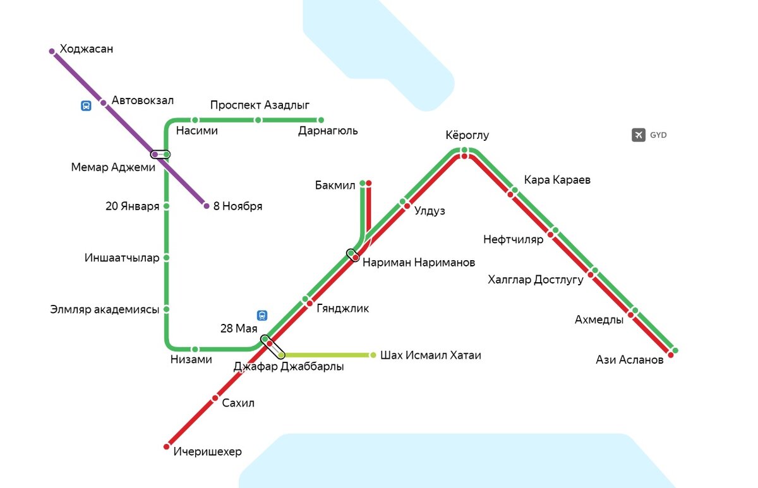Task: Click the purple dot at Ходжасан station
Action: (x=52, y=51)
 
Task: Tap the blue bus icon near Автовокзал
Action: (x=86, y=106)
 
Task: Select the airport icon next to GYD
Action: (x=638, y=134)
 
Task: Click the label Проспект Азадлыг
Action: (x=260, y=104)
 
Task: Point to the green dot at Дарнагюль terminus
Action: (x=320, y=120)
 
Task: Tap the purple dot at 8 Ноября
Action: (x=206, y=206)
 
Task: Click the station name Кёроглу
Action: (x=467, y=136)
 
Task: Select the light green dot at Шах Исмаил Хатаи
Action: (x=373, y=355)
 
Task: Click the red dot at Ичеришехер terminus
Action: (x=167, y=446)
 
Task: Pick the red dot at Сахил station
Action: (x=215, y=398)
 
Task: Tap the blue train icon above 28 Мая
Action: (x=262, y=315)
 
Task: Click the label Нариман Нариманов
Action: (x=418, y=263)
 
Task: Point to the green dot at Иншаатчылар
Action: (x=166, y=258)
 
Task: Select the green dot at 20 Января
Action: (x=166, y=206)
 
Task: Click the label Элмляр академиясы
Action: (x=104, y=309)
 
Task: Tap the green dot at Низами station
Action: (x=195, y=349)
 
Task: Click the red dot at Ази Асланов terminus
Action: (x=670, y=355)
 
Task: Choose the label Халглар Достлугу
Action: (x=535, y=280)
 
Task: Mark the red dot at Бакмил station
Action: (x=369, y=184)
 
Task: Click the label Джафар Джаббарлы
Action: (x=288, y=367)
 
